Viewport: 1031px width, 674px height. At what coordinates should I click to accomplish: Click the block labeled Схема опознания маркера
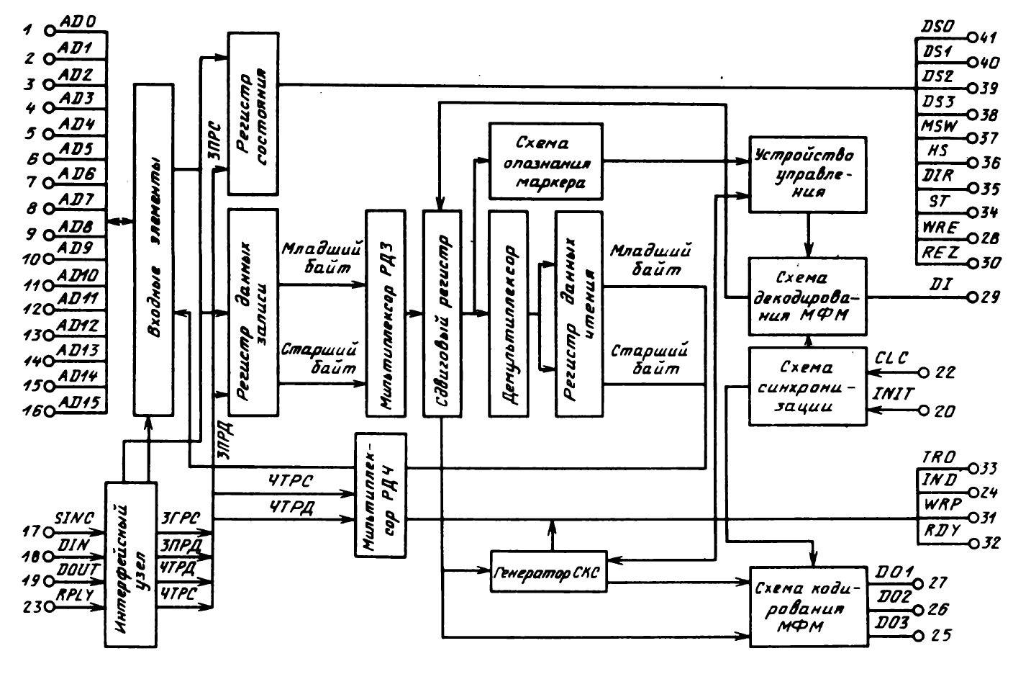click(x=546, y=161)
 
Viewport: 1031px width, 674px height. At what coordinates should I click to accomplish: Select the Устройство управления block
click(x=806, y=174)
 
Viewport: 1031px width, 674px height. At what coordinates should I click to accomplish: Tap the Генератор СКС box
click(x=548, y=572)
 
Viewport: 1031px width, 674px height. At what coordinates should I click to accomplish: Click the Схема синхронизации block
click(x=806, y=387)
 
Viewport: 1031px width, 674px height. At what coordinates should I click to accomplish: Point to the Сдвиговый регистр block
click(x=442, y=313)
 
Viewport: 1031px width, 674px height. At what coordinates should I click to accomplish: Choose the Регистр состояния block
click(x=253, y=113)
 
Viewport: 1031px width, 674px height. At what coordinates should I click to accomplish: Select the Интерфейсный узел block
click(x=131, y=562)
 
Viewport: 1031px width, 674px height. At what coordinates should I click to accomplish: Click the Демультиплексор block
click(x=507, y=313)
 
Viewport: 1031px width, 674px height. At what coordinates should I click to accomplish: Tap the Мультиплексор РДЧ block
click(x=381, y=495)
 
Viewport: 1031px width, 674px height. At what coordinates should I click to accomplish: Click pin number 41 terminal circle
click(x=971, y=37)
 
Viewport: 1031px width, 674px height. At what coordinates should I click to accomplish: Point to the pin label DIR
click(x=937, y=176)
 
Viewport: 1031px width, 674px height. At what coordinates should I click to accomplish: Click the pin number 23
click(x=31, y=606)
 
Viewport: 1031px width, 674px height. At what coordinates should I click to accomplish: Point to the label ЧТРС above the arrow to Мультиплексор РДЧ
click(x=291, y=480)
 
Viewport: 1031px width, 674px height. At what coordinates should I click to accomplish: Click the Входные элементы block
click(x=153, y=248)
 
